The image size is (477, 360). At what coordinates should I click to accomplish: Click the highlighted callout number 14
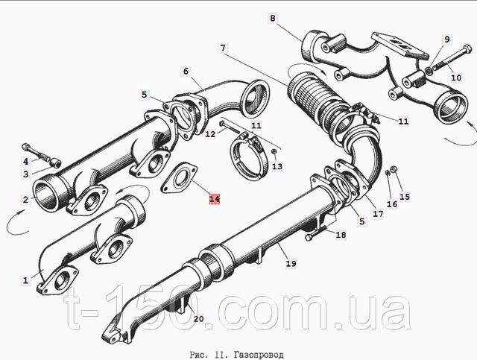214,199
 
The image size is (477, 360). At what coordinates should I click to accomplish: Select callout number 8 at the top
272,18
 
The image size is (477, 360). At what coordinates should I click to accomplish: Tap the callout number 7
221,48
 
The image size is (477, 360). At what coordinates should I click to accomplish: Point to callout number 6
186,71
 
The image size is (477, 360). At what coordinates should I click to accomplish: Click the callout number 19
290,262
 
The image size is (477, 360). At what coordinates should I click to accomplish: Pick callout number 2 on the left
25,200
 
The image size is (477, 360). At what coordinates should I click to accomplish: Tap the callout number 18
341,235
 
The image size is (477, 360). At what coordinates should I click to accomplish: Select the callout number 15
405,197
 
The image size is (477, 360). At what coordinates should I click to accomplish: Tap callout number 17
379,213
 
